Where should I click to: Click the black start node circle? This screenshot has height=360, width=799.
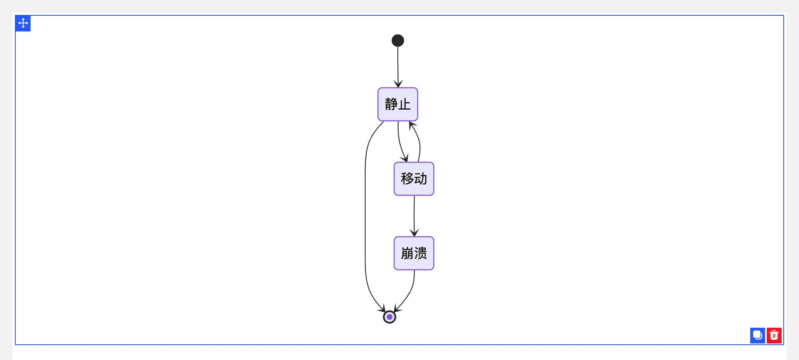[x=398, y=41]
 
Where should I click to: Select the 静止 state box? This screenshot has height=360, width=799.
[x=398, y=104]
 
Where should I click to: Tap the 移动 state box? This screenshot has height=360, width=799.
[x=414, y=179]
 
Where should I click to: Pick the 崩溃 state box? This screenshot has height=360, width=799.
[x=414, y=253]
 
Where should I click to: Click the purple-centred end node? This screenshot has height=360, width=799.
[x=390, y=317]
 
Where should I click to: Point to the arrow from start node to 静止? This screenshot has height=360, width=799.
[x=398, y=64]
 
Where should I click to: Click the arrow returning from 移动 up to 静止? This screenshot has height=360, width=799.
[x=419, y=143]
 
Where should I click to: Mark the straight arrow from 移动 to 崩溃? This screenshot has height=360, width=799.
[x=414, y=215]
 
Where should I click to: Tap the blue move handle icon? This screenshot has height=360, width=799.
[x=23, y=23]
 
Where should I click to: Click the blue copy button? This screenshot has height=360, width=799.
[x=757, y=335]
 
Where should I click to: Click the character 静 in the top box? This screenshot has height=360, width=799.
[x=391, y=104]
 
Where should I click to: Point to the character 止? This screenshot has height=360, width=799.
[x=404, y=104]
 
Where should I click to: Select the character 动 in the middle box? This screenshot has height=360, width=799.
[x=421, y=179]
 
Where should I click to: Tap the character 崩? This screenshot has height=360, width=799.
[x=407, y=253]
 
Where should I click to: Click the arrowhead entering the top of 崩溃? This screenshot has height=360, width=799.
[x=414, y=233]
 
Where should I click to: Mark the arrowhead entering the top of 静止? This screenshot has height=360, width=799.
[x=398, y=84]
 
